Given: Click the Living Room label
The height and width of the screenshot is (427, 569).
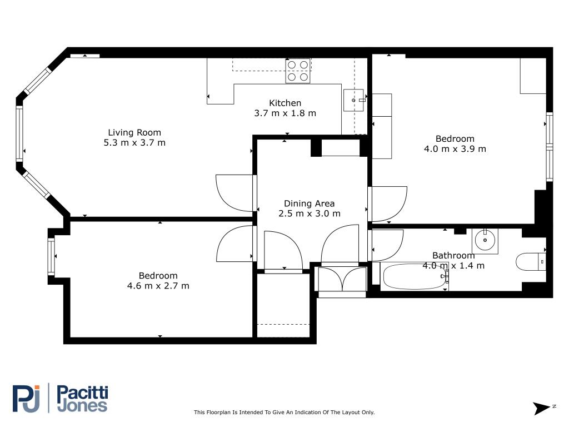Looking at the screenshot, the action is (x=134, y=132).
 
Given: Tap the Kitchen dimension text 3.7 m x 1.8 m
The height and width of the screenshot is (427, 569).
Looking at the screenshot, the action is (x=285, y=113).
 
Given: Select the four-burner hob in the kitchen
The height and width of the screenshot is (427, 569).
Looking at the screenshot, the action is (x=298, y=71).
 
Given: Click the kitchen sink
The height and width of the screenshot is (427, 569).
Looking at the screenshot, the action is (x=353, y=100).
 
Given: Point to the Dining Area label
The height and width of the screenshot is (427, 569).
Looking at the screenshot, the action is (x=309, y=203).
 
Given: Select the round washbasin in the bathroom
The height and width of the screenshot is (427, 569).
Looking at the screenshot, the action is (x=485, y=240).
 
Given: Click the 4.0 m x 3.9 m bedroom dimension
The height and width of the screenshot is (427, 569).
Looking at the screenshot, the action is (x=455, y=149).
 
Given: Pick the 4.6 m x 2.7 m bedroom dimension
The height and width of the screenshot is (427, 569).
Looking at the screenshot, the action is (x=158, y=286).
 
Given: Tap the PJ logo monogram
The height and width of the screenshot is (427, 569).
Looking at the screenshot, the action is (x=26, y=399).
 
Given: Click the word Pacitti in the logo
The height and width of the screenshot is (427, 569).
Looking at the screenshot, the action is (x=83, y=393).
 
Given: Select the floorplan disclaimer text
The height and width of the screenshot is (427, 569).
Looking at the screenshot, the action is (x=284, y=412).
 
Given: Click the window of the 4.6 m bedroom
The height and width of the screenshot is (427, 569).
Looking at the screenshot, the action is (x=51, y=256).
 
